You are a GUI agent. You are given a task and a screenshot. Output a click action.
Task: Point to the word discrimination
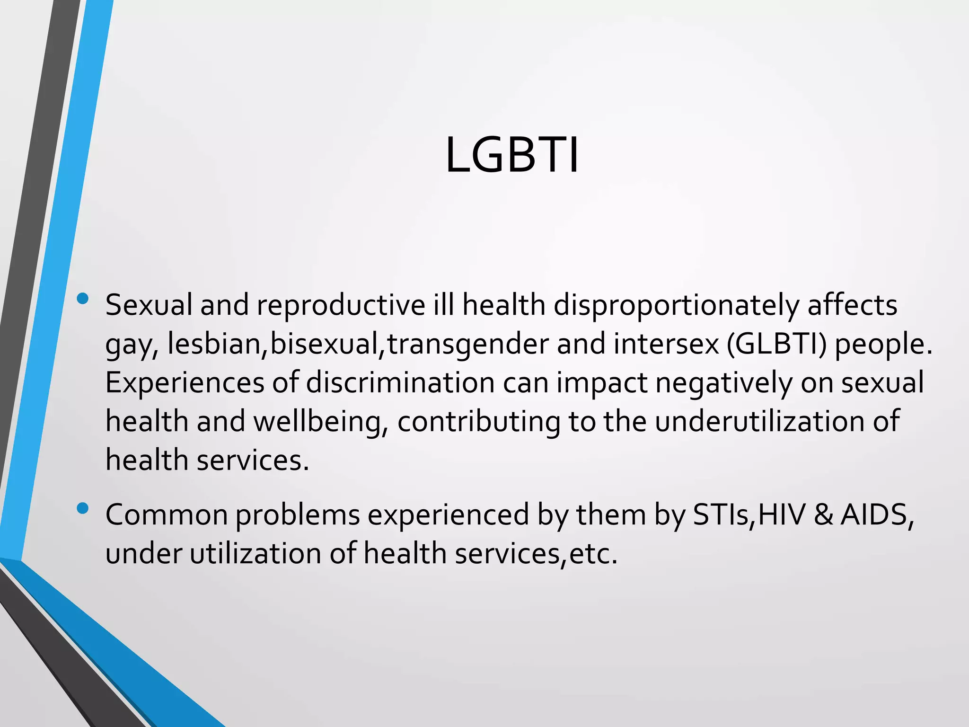pos(400,382)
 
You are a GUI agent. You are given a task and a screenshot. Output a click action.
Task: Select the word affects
pos(852,306)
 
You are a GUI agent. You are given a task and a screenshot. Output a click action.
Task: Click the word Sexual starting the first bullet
pos(149,306)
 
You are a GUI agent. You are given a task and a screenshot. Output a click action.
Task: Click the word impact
pos(601,383)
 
